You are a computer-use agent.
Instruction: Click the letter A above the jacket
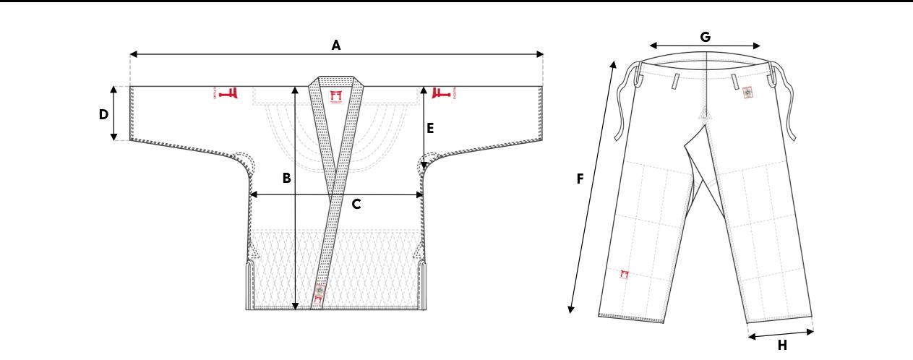(336, 45)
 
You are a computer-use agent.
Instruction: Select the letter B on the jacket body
(287, 178)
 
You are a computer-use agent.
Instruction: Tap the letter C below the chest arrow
(356, 205)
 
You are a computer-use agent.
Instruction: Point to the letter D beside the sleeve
(104, 114)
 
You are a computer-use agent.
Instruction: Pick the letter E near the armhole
(430, 129)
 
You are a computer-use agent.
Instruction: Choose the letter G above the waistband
(706, 37)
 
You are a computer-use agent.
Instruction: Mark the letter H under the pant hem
(782, 346)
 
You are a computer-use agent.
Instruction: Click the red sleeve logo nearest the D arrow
(228, 93)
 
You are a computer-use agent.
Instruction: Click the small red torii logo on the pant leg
(625, 273)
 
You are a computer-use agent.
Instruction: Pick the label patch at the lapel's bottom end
(319, 295)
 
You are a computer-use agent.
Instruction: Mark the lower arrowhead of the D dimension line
(114, 139)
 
